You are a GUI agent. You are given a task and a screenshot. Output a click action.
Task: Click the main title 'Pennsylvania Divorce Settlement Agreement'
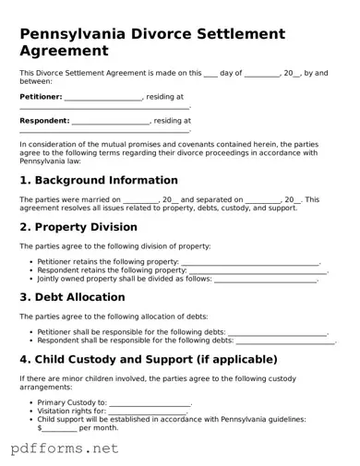click(151, 42)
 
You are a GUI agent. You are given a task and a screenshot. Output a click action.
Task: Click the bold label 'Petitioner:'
click(41, 96)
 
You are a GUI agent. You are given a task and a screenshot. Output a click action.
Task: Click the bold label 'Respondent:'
click(44, 120)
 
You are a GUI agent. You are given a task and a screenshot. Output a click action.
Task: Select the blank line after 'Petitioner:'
click(103, 97)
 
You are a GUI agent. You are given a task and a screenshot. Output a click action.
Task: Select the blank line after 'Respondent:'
click(111, 121)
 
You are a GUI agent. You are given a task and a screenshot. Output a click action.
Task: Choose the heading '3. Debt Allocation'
click(72, 297)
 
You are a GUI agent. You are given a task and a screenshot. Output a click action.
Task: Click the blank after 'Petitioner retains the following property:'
click(250, 262)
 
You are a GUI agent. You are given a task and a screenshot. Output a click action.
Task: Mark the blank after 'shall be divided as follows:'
click(266, 279)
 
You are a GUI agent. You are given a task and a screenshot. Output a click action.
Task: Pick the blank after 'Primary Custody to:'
click(150, 403)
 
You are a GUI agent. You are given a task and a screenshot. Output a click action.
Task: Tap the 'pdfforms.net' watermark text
click(65, 449)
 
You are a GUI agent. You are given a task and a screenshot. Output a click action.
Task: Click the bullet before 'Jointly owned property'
click(31, 278)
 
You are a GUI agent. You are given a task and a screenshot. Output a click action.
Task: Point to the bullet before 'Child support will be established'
click(31, 419)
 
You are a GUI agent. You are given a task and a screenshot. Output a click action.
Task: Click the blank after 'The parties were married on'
click(140, 199)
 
